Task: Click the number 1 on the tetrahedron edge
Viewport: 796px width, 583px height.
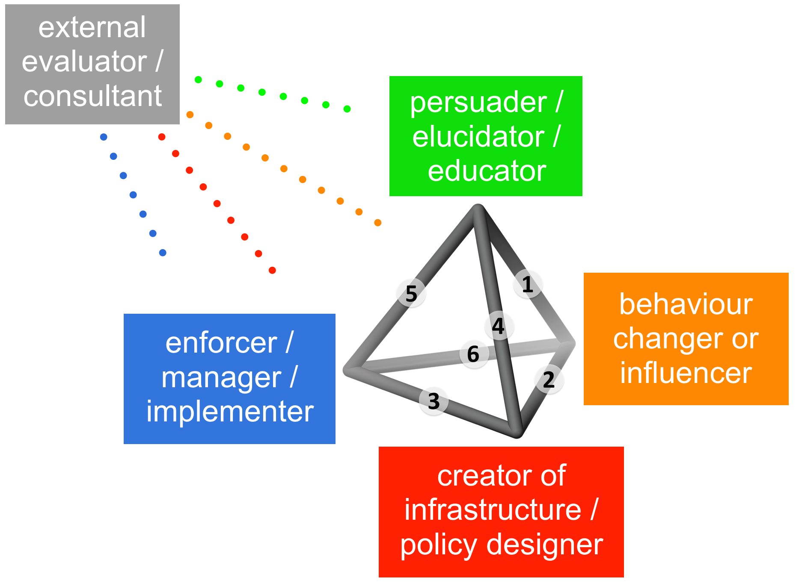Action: tap(528, 284)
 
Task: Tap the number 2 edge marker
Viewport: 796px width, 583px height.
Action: tap(549, 380)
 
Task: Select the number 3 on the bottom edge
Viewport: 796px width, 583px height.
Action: tap(434, 401)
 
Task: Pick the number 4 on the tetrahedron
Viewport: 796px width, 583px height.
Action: tap(498, 326)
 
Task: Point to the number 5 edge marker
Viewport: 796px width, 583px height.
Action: tap(411, 294)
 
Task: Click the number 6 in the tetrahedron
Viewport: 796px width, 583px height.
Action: tap(473, 354)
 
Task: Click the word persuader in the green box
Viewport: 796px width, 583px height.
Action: tap(478, 103)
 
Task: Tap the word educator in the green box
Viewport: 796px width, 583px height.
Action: tap(487, 171)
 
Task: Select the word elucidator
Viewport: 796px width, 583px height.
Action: tap(478, 137)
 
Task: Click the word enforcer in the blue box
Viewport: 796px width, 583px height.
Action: tap(221, 343)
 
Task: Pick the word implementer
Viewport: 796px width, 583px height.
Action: tap(230, 411)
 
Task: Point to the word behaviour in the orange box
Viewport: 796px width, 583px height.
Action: tap(686, 304)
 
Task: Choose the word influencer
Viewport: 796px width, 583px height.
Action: tap(686, 373)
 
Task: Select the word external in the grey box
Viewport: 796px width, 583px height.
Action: tap(92, 27)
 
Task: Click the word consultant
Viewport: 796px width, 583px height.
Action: tap(92, 96)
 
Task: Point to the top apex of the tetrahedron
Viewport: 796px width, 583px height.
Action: tap(478, 209)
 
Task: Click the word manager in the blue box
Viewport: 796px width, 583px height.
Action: tap(221, 377)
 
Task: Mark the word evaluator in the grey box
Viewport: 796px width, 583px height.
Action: tap(84, 62)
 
